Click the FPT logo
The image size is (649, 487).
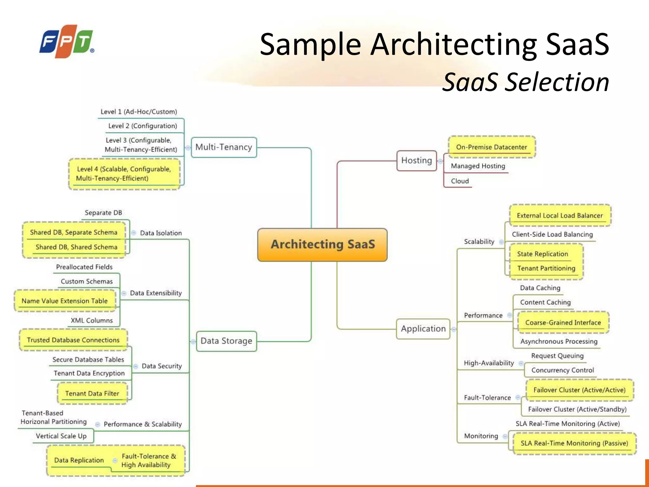pos(67,41)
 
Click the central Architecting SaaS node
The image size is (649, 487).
pos(322,244)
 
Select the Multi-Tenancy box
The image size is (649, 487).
pos(224,147)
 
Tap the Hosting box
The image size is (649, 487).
pos(416,160)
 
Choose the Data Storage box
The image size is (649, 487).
pos(226,341)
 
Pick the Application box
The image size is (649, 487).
pos(423,329)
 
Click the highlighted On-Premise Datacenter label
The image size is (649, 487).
pos(491,147)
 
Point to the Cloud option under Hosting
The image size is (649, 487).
pos(459,181)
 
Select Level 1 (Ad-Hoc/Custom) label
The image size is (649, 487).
pos(138,112)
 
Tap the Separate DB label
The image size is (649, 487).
pos(103,213)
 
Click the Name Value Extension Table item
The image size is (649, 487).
pos(65,301)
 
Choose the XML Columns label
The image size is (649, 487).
pos(92,321)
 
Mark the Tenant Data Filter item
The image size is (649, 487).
pos(92,393)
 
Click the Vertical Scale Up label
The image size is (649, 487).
pos(61,436)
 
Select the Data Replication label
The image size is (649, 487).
pos(79,460)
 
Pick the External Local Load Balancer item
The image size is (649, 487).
pos(560,216)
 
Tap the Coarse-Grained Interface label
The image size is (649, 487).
pos(563,322)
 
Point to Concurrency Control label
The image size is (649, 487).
pos(562,370)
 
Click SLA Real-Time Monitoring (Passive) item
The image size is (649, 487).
pos(574,443)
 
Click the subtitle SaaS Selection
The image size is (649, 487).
pos(525,82)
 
